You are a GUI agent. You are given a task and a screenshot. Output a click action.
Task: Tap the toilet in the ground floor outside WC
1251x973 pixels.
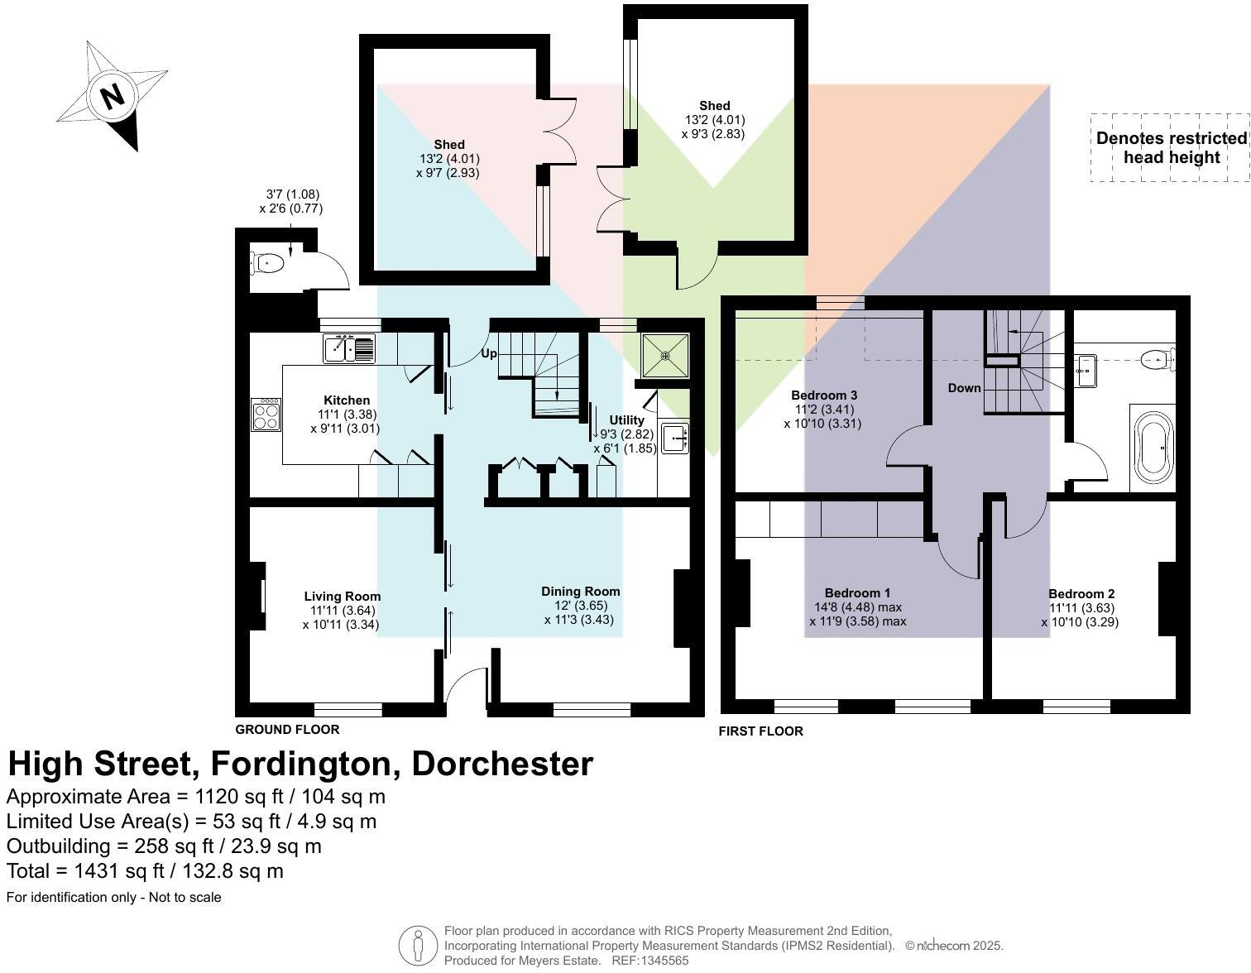268,264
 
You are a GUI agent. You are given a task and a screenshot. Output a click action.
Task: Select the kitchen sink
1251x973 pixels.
348,348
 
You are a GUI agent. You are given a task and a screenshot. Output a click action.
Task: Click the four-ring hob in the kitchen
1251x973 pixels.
266,415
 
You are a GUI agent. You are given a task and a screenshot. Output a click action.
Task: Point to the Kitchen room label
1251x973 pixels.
347,400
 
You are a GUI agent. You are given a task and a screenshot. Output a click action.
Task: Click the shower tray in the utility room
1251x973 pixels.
665,355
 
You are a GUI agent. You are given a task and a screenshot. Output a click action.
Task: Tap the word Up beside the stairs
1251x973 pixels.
489,353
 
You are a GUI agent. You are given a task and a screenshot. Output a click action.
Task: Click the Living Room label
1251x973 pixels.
342,597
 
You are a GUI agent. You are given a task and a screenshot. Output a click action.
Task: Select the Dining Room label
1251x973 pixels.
580,592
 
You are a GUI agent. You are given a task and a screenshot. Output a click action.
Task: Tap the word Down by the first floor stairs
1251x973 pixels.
964,388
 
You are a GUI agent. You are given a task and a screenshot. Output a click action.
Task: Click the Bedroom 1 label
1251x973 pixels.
857,593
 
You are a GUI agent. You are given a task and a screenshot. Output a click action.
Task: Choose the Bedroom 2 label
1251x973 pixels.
1081,594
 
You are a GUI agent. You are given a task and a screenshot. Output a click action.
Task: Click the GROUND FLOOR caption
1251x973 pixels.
287,730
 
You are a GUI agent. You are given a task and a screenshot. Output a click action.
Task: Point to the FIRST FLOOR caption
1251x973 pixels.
760,731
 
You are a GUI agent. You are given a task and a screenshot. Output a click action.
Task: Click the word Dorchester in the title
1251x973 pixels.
502,764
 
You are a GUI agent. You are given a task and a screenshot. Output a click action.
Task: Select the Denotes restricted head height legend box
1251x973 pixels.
1170,148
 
